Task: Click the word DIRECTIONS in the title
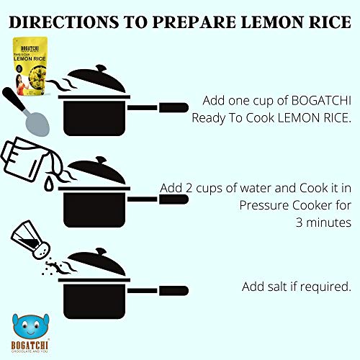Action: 63,22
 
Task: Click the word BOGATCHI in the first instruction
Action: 321,100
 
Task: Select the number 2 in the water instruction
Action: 189,188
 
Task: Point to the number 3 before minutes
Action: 299,222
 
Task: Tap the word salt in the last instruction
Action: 276,287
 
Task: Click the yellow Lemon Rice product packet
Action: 30,66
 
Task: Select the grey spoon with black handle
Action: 26,112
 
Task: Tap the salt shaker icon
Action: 30,240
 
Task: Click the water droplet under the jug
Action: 49,184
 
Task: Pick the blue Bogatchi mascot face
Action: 30,326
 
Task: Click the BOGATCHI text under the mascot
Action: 30,345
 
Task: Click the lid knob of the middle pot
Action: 101,160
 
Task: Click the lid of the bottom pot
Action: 96,262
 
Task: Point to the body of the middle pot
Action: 94,210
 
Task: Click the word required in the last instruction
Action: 325,287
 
